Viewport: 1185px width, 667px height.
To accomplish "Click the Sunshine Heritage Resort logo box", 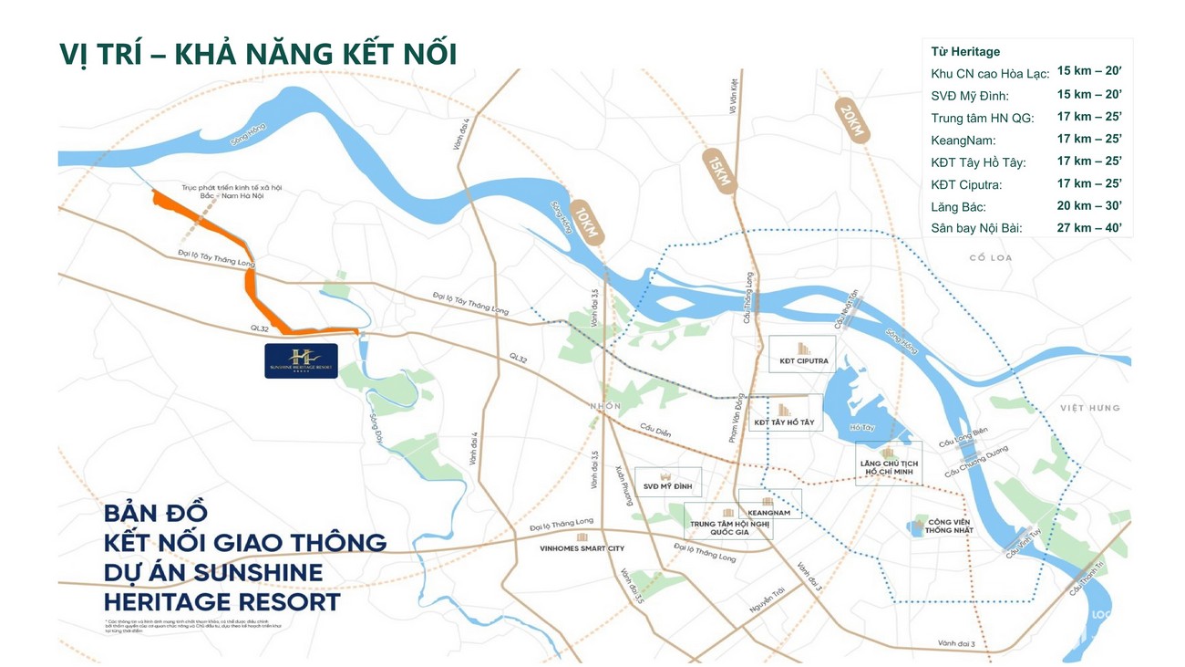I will coord(301,360).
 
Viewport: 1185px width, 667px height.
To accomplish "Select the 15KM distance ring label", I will coord(714,170).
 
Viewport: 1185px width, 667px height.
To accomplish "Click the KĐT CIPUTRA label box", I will coord(799,354).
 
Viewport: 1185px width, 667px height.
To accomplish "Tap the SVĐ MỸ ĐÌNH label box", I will coord(668,481).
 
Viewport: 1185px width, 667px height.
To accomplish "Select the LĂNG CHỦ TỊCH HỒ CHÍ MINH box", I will coord(889,463).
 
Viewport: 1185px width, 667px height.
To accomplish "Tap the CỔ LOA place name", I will coord(991,258).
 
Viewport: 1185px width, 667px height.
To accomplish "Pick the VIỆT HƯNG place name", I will coord(1089,408).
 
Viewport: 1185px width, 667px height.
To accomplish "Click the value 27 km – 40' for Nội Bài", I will coord(1089,227).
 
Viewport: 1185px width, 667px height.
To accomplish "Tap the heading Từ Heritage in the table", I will coord(965,52).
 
